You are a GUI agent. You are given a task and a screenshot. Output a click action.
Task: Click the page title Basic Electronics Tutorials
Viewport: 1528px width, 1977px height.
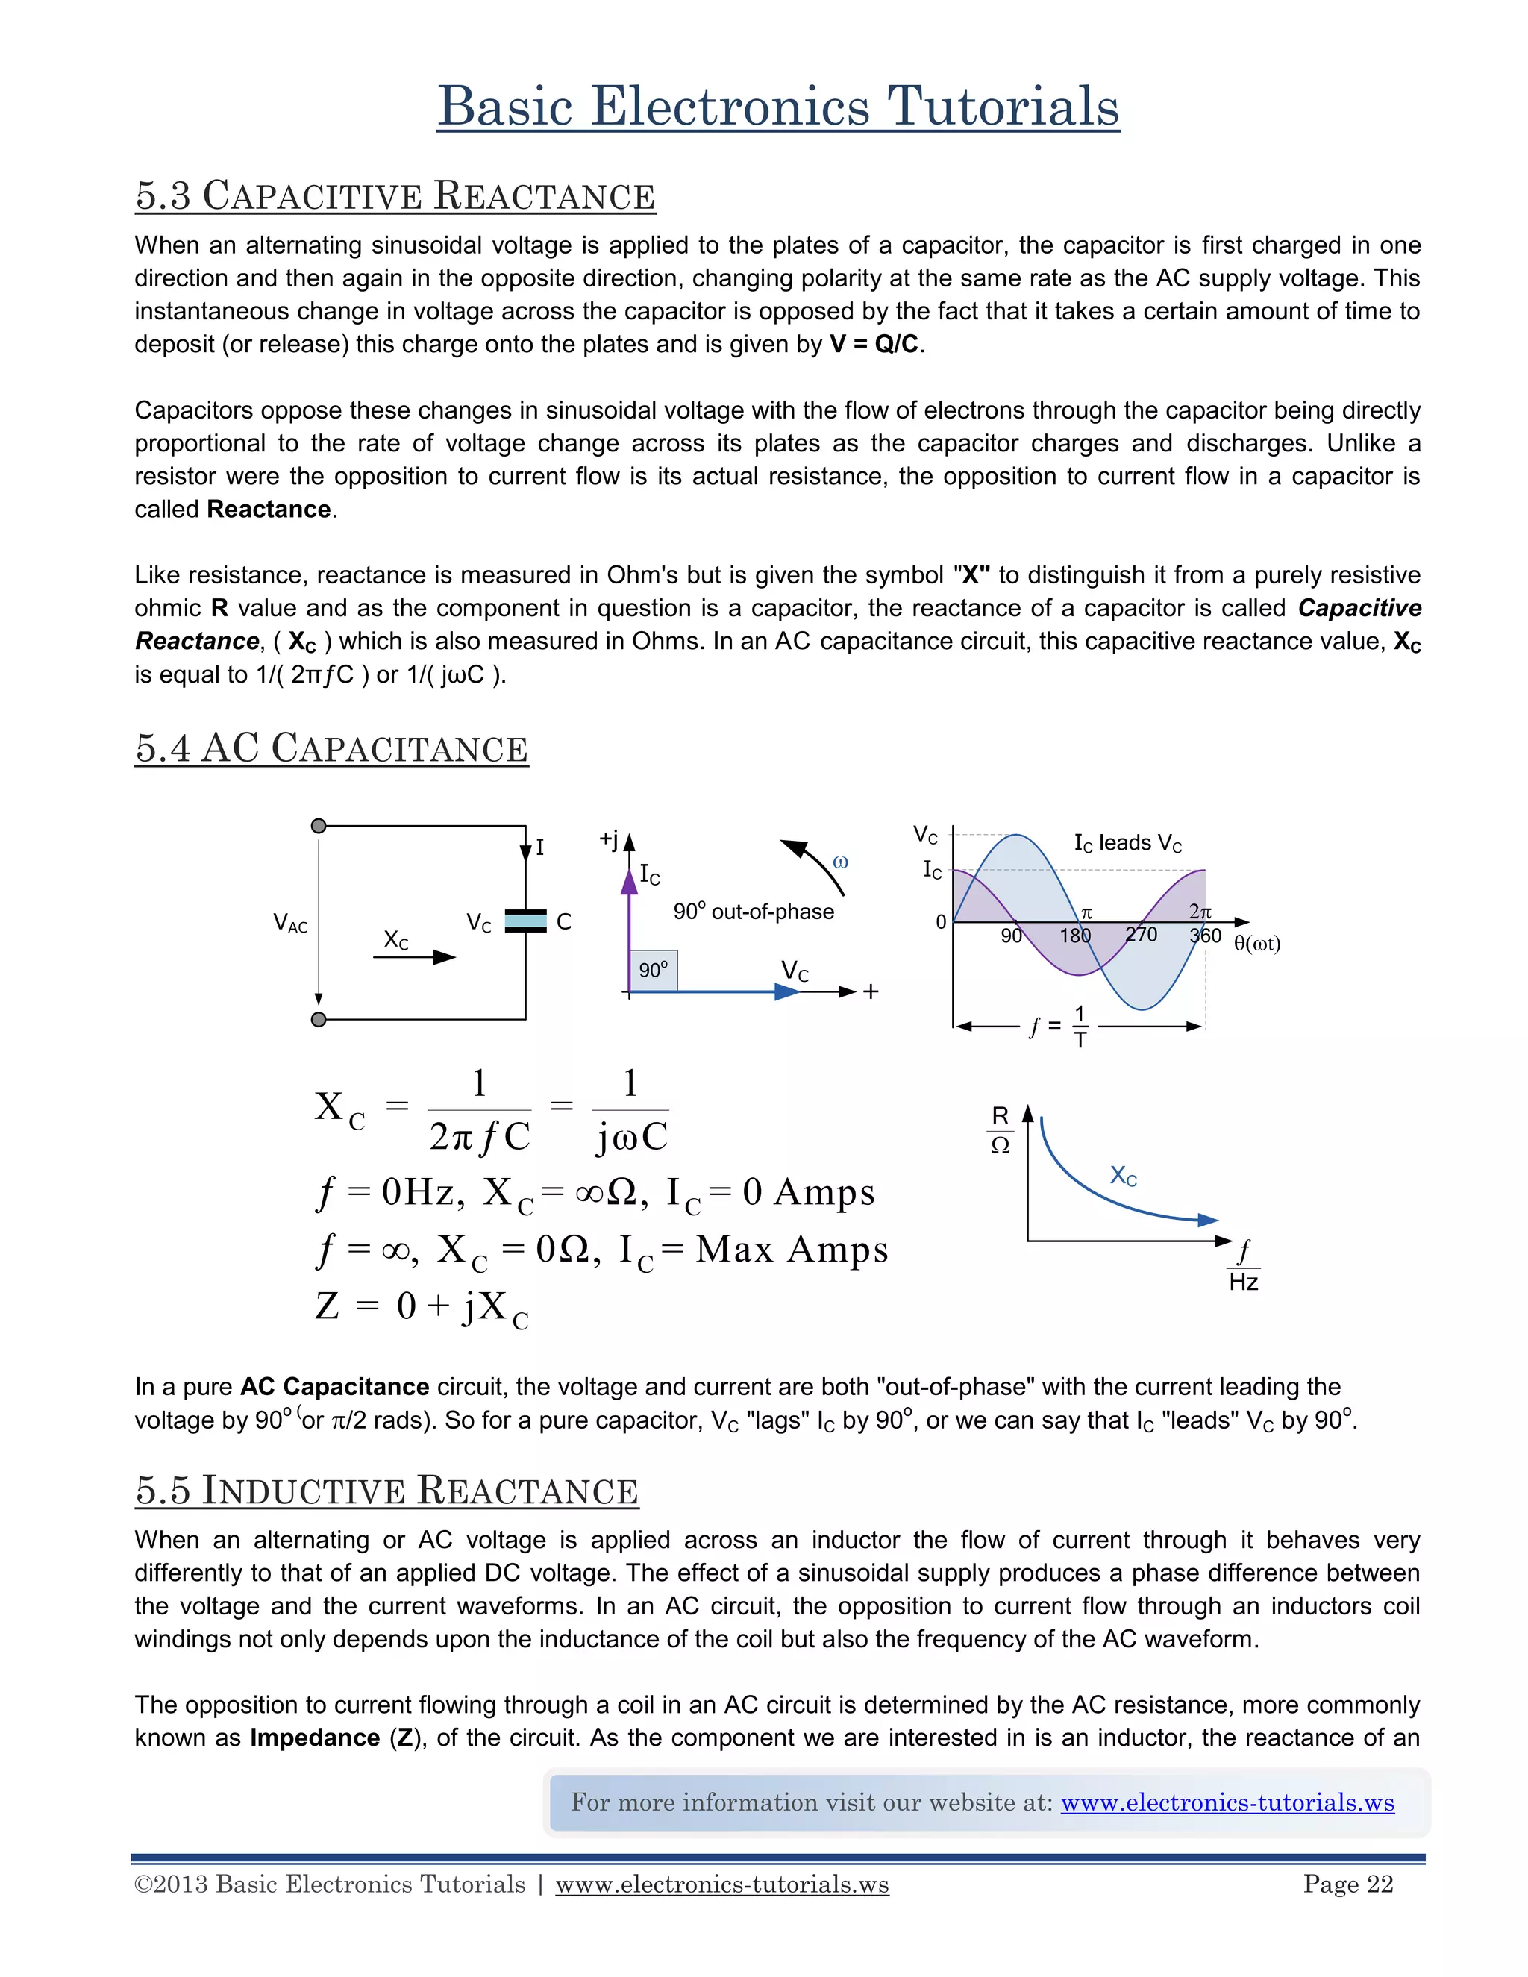click(x=777, y=107)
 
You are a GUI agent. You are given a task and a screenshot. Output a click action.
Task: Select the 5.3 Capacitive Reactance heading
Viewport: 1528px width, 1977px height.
click(x=395, y=195)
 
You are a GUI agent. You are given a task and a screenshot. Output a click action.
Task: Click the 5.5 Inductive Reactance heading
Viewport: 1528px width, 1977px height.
click(x=386, y=1490)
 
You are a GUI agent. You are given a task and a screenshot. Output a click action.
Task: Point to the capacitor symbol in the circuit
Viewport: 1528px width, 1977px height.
click(x=526, y=921)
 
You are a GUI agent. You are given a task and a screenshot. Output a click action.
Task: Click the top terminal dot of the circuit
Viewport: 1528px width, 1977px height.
click(x=319, y=826)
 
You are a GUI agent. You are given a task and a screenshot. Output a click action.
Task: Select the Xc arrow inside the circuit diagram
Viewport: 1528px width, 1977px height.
click(x=415, y=957)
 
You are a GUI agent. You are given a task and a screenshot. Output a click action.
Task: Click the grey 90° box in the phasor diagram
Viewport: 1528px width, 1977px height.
click(x=653, y=971)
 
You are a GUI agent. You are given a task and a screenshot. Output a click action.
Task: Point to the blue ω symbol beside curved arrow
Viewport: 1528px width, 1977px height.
click(x=840, y=862)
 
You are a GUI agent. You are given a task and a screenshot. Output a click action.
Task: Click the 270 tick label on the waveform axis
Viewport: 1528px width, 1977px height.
click(x=1141, y=935)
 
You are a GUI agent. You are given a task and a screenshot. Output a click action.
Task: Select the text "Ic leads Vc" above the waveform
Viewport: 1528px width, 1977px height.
click(x=1128, y=843)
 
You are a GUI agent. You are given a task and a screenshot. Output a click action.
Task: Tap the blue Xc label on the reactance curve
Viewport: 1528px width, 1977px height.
click(x=1124, y=1176)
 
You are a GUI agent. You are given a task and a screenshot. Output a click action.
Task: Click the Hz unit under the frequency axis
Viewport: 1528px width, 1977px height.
click(x=1244, y=1282)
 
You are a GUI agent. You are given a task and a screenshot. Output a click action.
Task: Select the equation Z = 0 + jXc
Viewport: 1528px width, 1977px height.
click(x=422, y=1308)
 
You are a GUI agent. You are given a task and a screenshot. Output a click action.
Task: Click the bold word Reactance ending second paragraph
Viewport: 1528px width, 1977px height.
click(x=269, y=510)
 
